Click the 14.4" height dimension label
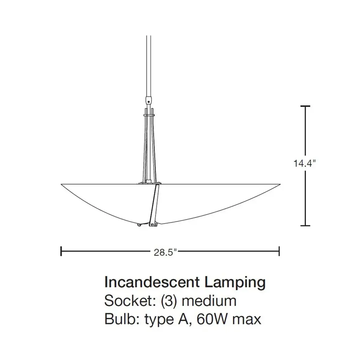305,163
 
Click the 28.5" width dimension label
165,252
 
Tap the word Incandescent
152,282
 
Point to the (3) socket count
169,301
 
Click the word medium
209,301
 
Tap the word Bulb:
122,319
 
